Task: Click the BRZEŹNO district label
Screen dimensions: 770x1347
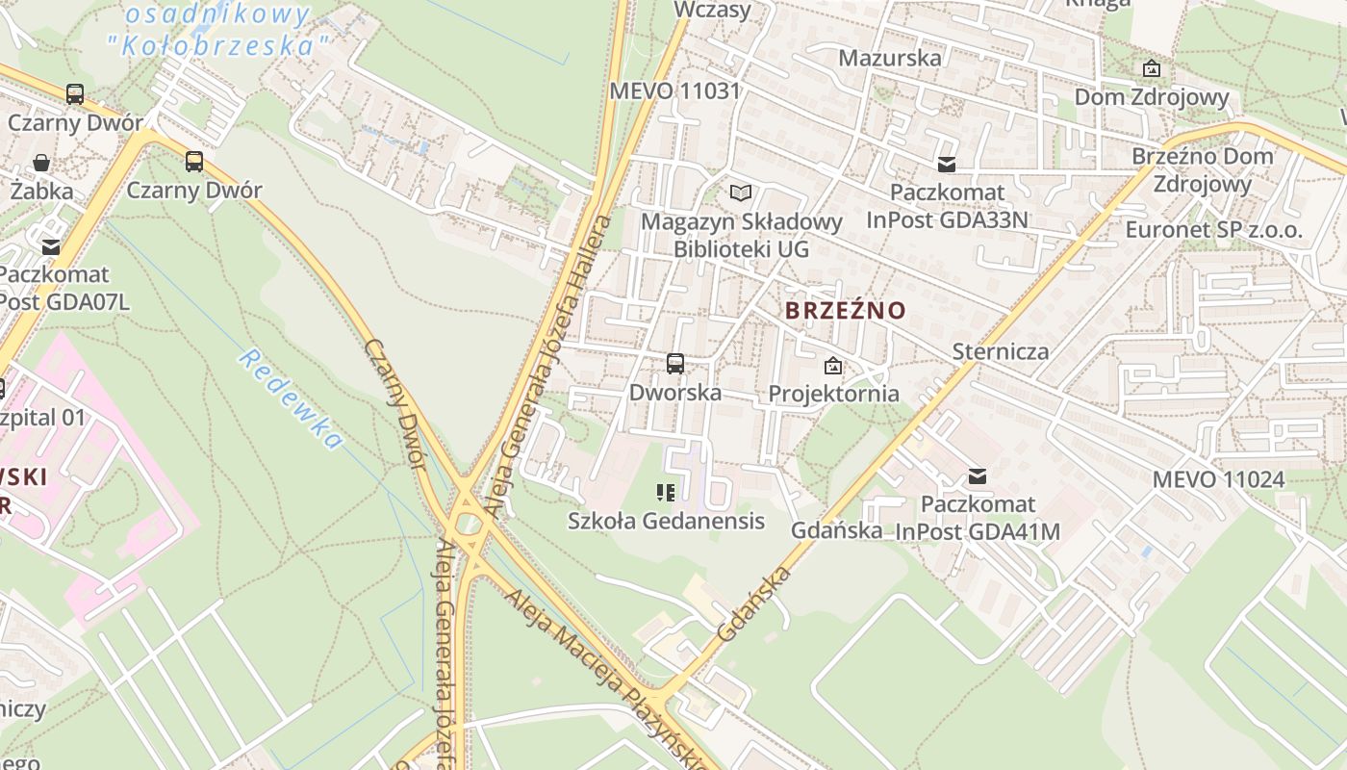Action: [x=846, y=310]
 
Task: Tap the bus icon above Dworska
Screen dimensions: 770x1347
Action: [x=675, y=364]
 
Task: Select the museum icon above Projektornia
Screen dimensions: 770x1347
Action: [x=833, y=366]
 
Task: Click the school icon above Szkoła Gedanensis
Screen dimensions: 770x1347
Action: [x=665, y=493]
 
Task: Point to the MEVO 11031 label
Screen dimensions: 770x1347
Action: [x=675, y=91]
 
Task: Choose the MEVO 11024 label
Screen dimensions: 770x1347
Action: [x=1218, y=478]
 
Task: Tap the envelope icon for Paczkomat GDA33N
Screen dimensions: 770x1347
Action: [x=948, y=165]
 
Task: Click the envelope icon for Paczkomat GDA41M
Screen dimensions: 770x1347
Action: [x=978, y=476]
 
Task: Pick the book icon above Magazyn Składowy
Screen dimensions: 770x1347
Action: [x=741, y=193]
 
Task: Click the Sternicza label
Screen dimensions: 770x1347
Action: [x=1001, y=350]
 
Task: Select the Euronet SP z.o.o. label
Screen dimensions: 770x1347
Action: [x=1214, y=230]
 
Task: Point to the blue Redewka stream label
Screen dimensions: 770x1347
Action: [x=291, y=398]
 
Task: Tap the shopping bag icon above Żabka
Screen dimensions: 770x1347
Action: [x=41, y=163]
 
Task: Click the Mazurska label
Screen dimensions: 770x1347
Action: [x=890, y=58]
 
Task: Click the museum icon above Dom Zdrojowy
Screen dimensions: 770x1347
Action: [x=1151, y=68]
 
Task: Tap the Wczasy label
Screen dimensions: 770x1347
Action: [x=712, y=10]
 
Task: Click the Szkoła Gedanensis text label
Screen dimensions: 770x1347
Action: [x=666, y=521]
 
